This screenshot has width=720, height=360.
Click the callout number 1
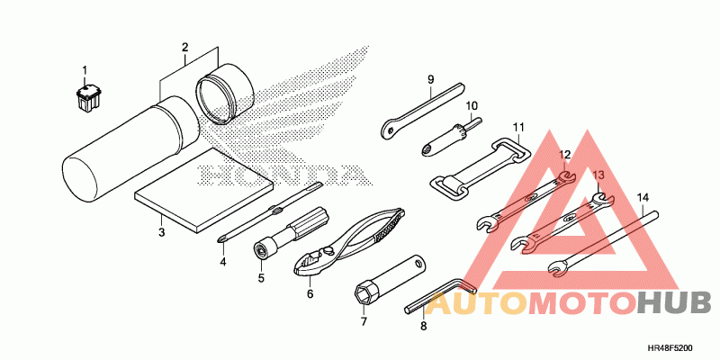pos(85,70)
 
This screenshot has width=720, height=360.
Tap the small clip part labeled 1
pos(86,94)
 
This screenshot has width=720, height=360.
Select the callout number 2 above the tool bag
pos(184,47)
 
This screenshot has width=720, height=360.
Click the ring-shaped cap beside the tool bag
pos(225,94)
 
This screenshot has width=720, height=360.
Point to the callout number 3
pos(162,233)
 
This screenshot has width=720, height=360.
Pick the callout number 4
pos(223,262)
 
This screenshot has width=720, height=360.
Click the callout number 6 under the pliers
pos(310,293)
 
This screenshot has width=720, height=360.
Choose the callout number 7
pos(364,320)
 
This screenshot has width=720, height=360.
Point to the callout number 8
pos(422,328)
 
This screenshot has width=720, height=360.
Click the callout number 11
pos(517,126)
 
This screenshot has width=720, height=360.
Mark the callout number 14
pos(643,197)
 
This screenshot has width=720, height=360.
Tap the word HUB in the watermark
pos(674,304)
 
